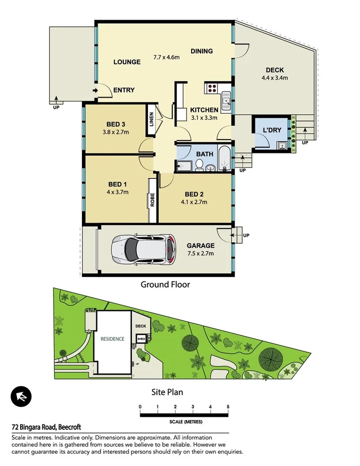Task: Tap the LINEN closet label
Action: pos(151,120)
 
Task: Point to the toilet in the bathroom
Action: pos(200,164)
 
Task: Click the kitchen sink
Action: pos(227,104)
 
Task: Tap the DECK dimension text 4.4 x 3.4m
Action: pos(275,78)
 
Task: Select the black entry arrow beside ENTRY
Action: pos(96,90)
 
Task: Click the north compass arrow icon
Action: pos(21,396)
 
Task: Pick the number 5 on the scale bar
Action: pos(228,407)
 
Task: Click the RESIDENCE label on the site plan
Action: pos(112,339)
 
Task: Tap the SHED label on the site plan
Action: pos(141,339)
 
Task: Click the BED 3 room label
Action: pos(116,125)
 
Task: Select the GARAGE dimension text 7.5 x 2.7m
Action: pos(201,253)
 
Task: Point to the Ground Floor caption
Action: pos(165,285)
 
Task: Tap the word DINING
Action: pos(202,51)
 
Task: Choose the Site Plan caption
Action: pos(167,392)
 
